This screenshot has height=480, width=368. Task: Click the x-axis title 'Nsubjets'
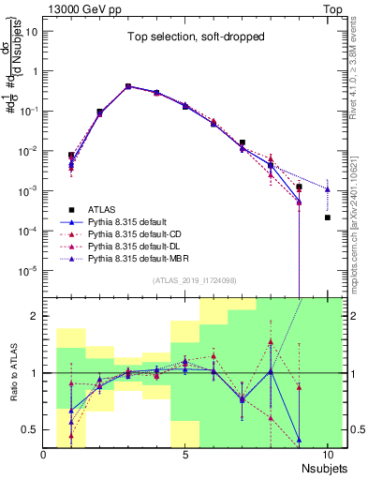[323, 467]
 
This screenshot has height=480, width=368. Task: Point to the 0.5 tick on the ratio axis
[31, 429]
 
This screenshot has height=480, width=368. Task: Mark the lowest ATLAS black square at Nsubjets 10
[328, 217]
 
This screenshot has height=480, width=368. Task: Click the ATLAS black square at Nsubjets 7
[243, 143]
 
